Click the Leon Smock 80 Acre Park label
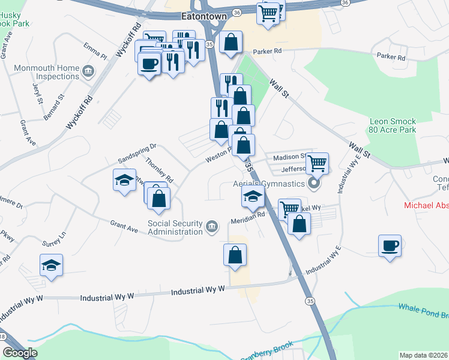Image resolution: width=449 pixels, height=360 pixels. (x=392, y=125)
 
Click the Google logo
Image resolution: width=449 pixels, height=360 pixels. (x=20, y=353)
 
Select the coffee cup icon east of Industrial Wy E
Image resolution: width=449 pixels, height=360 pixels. (x=390, y=246)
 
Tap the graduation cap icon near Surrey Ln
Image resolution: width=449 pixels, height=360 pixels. (x=52, y=265)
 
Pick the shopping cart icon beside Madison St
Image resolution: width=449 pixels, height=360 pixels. (x=317, y=162)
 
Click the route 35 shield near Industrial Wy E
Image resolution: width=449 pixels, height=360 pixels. (x=309, y=301)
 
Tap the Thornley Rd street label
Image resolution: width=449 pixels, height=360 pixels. (x=158, y=171)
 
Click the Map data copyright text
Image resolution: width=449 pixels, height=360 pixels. (x=423, y=355)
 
